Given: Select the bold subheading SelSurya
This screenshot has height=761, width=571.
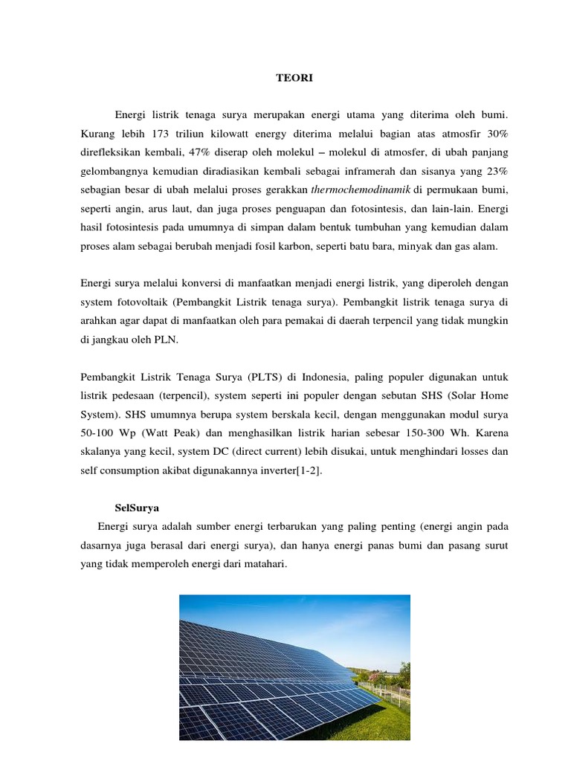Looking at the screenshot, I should (x=138, y=509).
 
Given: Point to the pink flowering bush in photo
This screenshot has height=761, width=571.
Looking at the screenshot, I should (x=386, y=676).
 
